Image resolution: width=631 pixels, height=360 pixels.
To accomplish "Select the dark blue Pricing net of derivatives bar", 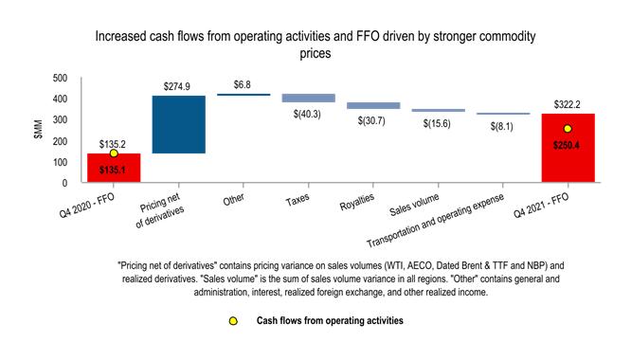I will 178,124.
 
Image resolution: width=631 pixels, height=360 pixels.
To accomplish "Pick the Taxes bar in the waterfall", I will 309,98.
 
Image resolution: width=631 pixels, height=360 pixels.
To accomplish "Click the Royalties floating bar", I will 373,106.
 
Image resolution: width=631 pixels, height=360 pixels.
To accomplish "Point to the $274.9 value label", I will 178,86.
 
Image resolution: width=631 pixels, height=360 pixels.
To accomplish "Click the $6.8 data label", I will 243,84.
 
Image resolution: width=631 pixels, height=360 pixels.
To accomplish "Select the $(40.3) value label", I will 309,115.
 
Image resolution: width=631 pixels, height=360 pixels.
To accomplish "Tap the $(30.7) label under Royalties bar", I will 373,122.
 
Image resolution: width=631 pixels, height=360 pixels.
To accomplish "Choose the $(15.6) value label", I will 438,124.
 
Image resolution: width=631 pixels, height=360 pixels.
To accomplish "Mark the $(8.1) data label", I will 502,126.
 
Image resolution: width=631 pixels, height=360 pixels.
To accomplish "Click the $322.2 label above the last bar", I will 567,105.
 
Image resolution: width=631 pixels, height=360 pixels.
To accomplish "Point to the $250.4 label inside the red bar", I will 567,146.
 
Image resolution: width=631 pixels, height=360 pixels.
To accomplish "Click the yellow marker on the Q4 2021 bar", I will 568,129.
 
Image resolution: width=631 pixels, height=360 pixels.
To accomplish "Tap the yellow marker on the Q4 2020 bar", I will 114,153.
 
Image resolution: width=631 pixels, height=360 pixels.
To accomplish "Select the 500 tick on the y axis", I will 60,78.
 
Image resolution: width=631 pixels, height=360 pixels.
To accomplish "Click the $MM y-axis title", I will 38,130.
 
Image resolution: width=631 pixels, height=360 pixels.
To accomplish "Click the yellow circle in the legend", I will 233,321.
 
